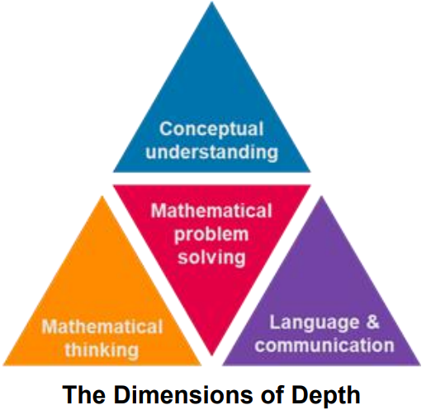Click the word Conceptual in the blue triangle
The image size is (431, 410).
click(x=211, y=130)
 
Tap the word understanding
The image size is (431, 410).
click(x=211, y=152)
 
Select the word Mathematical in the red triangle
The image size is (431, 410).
click(x=211, y=211)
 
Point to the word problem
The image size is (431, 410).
click(x=211, y=235)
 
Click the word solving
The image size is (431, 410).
click(x=211, y=258)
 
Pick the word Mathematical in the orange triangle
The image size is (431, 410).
click(x=102, y=327)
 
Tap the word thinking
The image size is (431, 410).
click(x=102, y=350)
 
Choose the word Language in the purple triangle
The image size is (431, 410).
click(x=315, y=322)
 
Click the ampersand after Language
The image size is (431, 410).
click(x=372, y=322)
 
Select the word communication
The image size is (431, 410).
click(x=324, y=346)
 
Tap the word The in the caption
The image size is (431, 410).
click(x=84, y=394)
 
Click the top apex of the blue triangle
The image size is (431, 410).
click(x=211, y=2)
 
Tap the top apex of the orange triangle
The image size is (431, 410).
click(x=102, y=196)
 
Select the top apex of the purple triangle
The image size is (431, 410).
click(x=321, y=196)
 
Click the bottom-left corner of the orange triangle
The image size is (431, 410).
click(x=3, y=365)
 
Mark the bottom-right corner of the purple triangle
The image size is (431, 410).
click(x=420, y=365)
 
